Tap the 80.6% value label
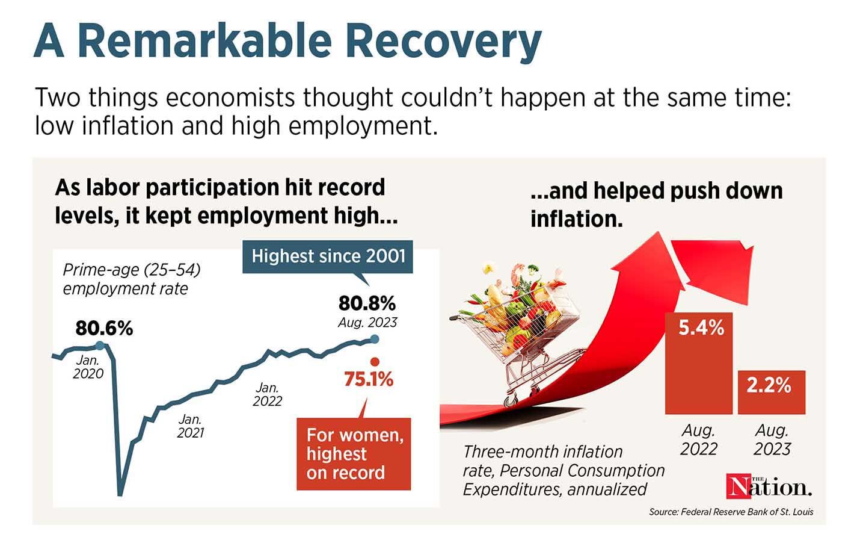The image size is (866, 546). coord(104,329)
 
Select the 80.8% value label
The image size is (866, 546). coord(367,302)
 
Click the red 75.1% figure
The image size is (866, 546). coord(368,380)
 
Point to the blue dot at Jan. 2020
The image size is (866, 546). coord(100,346)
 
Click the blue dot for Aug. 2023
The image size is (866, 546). coord(375,340)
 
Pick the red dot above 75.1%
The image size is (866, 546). coord(375,362)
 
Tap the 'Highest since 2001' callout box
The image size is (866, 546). coord(328,256)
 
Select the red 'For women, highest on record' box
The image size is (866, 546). coord(355,453)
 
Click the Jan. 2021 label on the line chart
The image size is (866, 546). coord(191,426)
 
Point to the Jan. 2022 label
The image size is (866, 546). coord(267,394)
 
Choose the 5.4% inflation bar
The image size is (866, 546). coord(698,363)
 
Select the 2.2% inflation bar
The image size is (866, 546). coord(771,392)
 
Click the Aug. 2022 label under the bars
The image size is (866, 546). coord(699,439)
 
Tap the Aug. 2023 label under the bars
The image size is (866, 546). coord(772,439)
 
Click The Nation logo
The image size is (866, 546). coord(769,486)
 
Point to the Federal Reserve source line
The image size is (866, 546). coord(731,512)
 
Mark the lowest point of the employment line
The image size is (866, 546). coord(120,493)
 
